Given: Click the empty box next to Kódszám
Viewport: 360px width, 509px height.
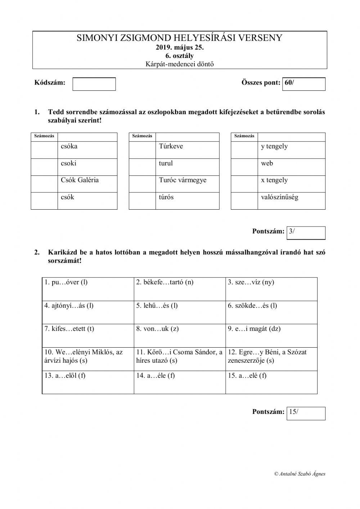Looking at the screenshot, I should pos(94,84).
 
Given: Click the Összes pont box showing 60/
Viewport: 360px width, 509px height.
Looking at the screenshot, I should pos(304,84).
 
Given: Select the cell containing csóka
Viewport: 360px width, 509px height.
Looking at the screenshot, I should pos(87,149).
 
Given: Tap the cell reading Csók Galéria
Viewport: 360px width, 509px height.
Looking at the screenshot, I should pos(87,183).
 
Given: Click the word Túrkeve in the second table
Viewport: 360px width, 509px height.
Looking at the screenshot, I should pos(171,146).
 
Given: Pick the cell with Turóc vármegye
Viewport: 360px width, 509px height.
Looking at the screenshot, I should pos(187,183).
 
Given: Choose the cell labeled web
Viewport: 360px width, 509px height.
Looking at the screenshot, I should pos(291,166).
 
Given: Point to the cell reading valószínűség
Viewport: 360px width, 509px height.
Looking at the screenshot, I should pos(291,200).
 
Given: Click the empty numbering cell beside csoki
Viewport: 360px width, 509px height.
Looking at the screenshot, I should pos(44,167).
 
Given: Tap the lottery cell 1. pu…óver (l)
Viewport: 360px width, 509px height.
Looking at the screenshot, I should pos(88,289).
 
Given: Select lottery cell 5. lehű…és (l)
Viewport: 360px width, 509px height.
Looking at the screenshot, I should pos(179,312).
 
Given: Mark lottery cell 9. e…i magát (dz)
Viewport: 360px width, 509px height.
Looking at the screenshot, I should pos(271,335).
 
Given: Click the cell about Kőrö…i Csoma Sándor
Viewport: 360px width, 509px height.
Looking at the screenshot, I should pos(179,359).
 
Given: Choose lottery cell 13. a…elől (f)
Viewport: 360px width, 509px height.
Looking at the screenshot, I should pos(88,382).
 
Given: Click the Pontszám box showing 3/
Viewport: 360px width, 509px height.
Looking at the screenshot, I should pos(306,233).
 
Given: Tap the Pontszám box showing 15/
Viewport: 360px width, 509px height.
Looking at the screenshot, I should pos(306,413).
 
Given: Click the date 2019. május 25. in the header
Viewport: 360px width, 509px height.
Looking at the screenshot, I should pos(180,47).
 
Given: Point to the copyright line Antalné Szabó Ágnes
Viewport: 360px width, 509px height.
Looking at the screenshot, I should pos(300,474).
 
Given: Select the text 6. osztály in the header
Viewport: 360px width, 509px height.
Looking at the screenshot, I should pos(180,56).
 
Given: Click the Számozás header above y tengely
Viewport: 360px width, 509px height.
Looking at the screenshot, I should pos(244,136).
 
